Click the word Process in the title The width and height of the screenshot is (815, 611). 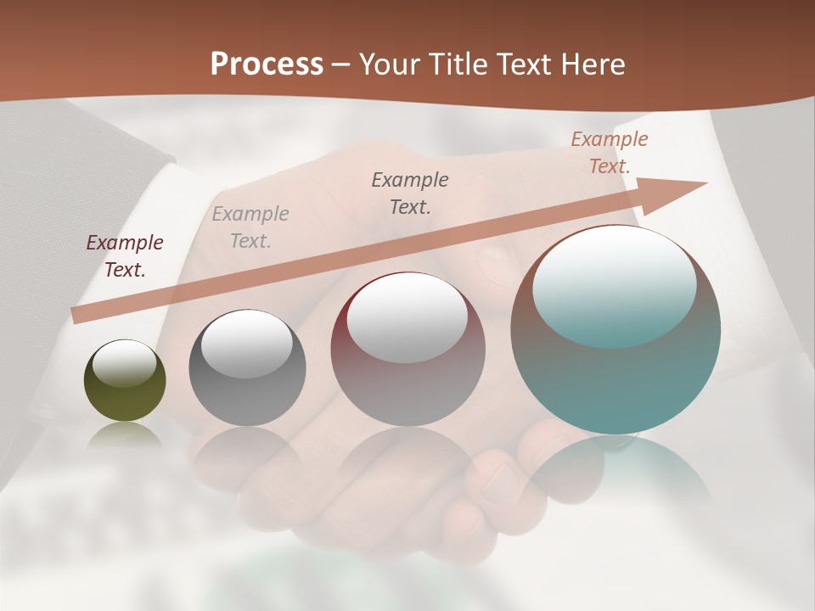267,64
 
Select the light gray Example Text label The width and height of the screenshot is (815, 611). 250,227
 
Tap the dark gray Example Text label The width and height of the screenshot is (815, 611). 410,193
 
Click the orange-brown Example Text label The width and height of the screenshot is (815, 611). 610,153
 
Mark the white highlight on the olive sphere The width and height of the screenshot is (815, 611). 124,363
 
